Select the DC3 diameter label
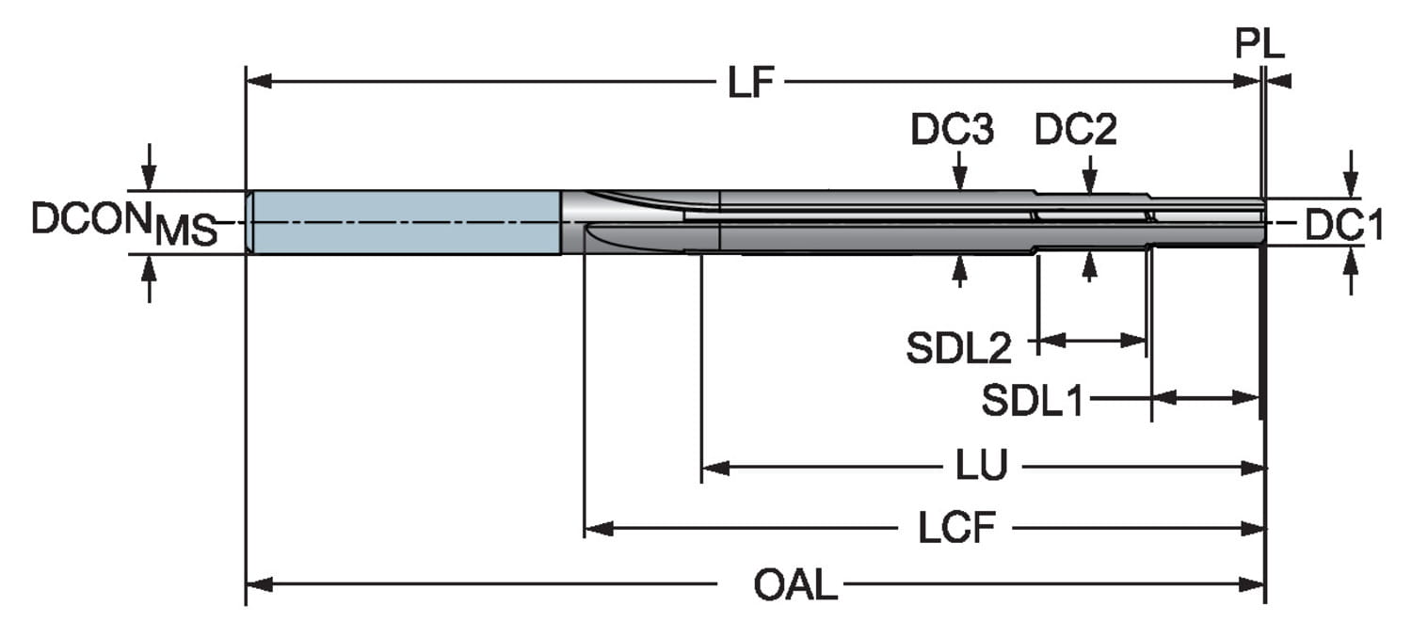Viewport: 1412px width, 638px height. click(951, 131)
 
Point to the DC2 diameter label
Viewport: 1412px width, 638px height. click(1076, 131)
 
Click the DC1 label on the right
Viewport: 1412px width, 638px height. click(1343, 226)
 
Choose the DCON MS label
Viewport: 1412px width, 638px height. click(122, 223)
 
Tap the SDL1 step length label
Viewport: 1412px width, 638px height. click(1033, 402)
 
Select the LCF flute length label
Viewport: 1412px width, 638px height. click(956, 530)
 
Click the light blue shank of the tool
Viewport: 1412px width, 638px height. click(405, 222)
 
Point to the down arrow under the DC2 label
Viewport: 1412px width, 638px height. click(1089, 182)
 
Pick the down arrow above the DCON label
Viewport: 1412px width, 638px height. click(148, 177)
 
